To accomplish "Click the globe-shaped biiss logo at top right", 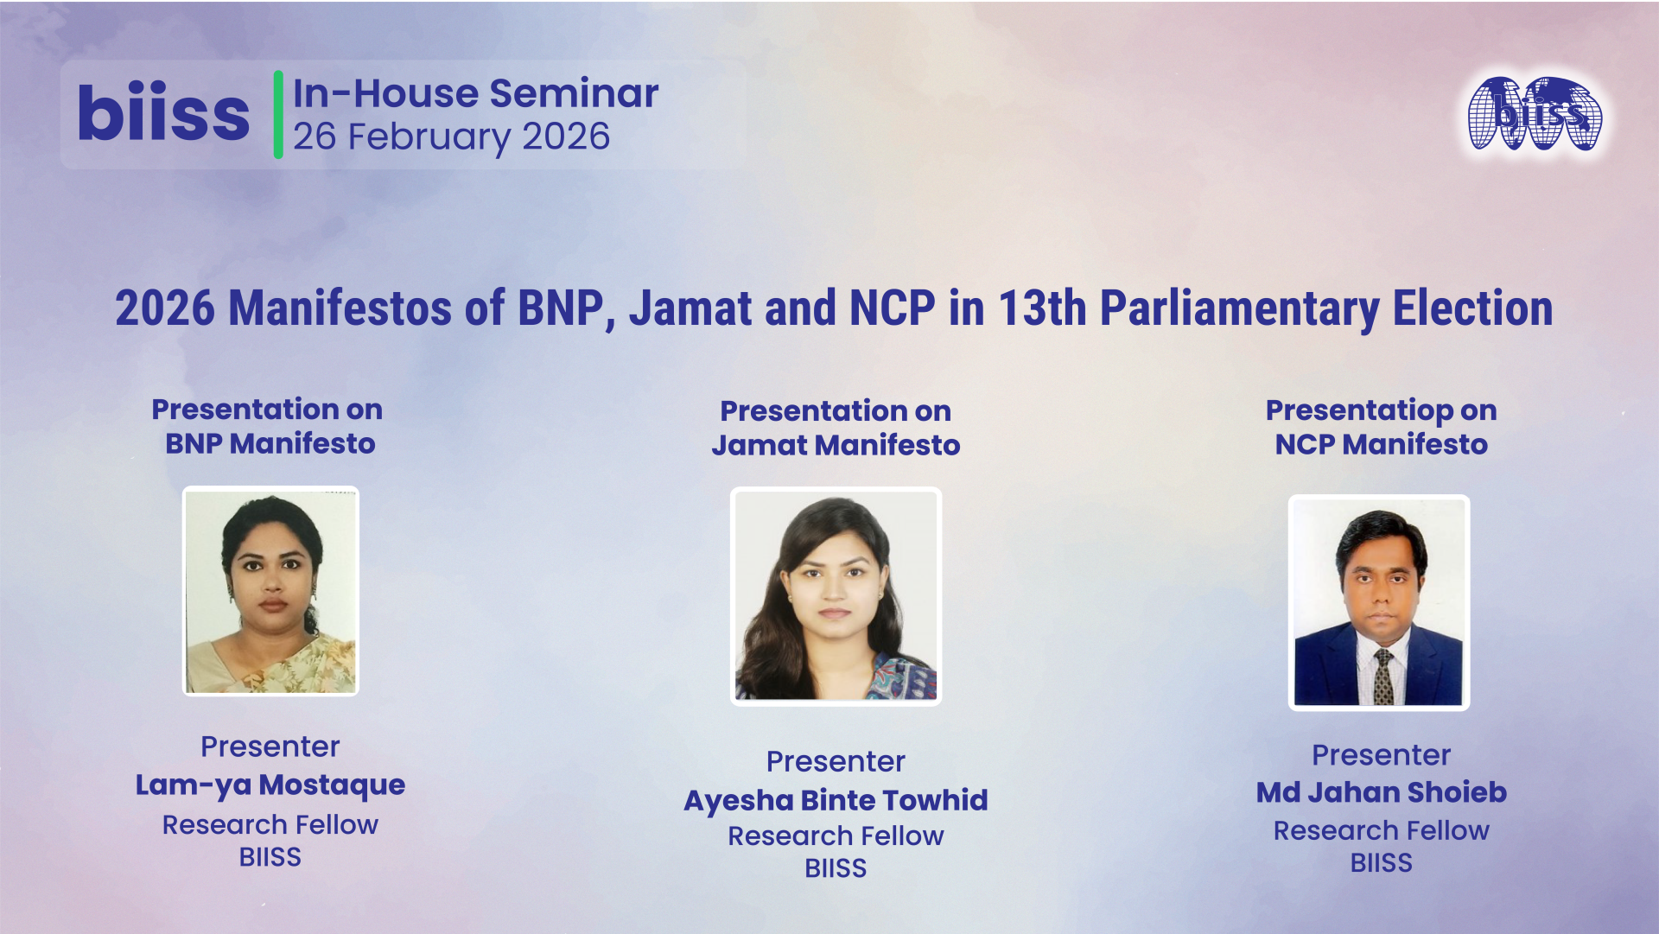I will (1535, 114).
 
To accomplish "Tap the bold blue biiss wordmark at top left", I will (163, 113).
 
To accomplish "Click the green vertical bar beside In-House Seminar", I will (278, 114).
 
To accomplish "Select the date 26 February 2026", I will (451, 137).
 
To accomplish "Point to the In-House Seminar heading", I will (475, 93).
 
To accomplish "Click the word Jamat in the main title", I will (690, 308).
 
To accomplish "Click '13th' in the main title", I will (1042, 308).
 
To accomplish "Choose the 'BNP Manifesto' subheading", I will (270, 443).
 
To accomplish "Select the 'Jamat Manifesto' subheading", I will (836, 445).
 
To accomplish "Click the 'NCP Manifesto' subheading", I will (1381, 444).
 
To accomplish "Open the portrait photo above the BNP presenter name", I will (270, 591).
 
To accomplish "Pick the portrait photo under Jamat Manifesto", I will (836, 596).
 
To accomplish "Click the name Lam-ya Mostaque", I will (270, 785).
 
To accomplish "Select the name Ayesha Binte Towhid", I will (836, 800).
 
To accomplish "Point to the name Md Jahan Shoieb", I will (1381, 791).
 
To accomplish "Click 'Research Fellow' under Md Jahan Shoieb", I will (1381, 830).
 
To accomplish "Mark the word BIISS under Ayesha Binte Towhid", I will (836, 868).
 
